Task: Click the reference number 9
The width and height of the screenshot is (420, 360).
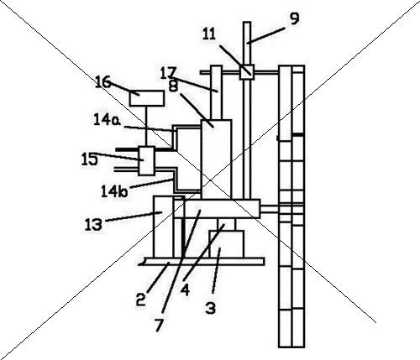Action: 295,19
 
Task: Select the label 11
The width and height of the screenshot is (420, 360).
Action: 209,34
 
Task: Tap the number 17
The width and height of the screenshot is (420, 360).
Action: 169,73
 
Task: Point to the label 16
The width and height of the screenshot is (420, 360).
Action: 103,82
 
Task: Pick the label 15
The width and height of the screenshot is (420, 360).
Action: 90,159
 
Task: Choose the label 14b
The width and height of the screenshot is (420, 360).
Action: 114,192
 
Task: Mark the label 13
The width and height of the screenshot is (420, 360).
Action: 93,224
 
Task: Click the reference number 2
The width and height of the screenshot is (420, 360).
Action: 141,300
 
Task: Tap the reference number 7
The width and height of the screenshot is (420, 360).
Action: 159,325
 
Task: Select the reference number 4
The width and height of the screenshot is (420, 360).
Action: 185,290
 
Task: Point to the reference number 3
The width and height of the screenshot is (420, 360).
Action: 211,308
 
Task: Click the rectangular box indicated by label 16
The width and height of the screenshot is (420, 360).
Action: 147,98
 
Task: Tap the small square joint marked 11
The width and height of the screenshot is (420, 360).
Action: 247,72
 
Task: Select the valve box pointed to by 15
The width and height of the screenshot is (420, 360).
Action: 146,161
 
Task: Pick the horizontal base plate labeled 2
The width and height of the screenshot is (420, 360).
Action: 202,261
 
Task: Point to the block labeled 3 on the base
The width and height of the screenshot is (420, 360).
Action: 227,244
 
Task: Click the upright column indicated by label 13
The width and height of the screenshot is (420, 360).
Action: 164,227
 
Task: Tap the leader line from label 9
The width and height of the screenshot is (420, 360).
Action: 266,35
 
